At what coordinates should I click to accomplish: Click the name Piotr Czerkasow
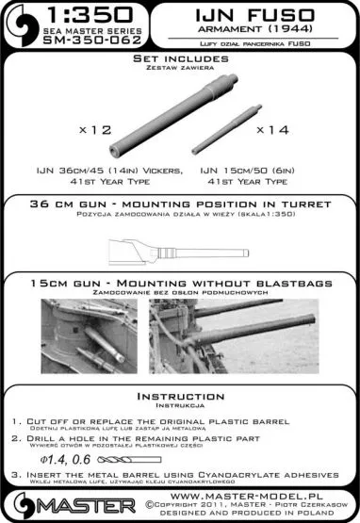coord(300,505)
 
